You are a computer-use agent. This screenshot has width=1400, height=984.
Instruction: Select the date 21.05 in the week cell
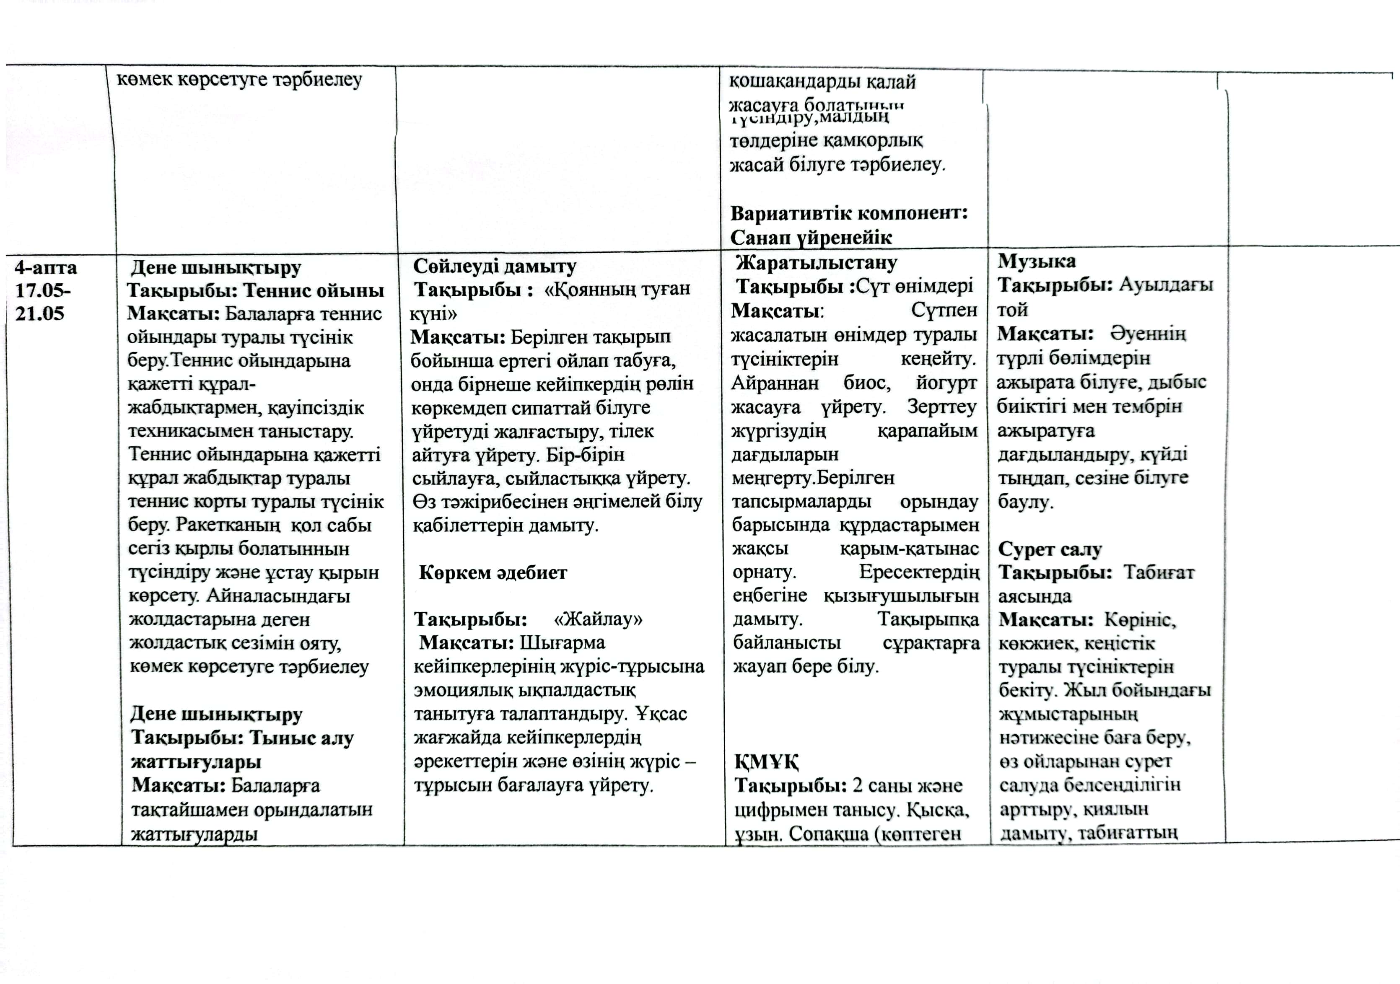(40, 313)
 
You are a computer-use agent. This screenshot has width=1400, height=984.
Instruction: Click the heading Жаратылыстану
(817, 263)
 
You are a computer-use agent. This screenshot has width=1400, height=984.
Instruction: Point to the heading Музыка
(1037, 261)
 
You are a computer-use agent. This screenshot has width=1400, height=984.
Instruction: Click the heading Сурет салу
(1050, 549)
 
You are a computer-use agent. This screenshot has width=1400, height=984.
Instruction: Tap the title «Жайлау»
(598, 619)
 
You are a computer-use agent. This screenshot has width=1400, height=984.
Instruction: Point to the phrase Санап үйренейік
(811, 237)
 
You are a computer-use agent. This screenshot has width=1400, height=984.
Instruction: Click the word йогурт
(946, 383)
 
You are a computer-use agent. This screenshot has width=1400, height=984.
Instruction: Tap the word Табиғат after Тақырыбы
(1159, 572)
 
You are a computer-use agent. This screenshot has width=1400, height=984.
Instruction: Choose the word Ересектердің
(920, 572)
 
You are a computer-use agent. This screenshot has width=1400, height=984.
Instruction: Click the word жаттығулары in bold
(196, 761)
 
